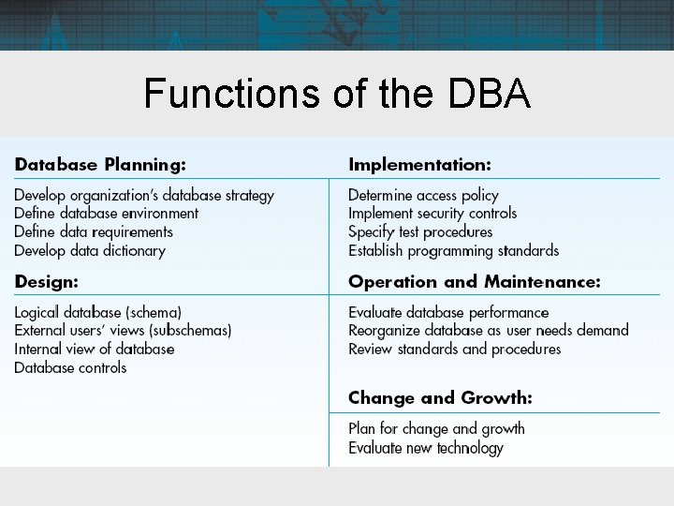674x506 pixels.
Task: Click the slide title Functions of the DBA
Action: click(337, 94)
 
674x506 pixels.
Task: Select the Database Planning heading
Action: click(100, 165)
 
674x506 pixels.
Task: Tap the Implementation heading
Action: click(419, 165)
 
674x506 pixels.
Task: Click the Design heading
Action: click(46, 281)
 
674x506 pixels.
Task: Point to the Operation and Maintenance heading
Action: click(474, 281)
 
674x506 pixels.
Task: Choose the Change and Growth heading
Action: click(440, 398)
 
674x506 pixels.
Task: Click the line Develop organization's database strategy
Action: click(144, 196)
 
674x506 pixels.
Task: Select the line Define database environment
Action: click(107, 214)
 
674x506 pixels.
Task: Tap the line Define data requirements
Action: click(94, 231)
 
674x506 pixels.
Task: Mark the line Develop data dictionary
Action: click(90, 250)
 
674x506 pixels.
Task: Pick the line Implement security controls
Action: click(432, 214)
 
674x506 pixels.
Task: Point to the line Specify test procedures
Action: click(419, 231)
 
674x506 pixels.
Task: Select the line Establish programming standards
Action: click(453, 250)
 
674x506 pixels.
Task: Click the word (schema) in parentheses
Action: click(154, 312)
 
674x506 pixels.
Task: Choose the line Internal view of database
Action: click(95, 349)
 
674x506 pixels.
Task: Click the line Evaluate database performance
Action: click(448, 312)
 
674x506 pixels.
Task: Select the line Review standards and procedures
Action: click(454, 349)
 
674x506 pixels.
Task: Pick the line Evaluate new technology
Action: click(425, 448)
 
